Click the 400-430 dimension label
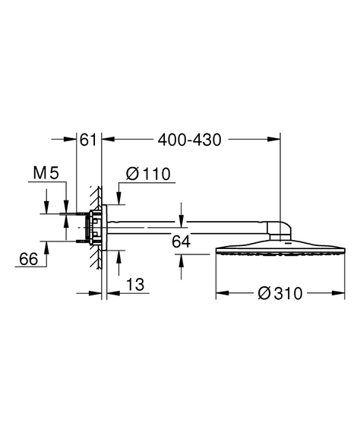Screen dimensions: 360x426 coord(190,140)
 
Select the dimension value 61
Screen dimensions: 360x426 coord(88,140)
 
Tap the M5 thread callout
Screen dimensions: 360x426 coord(46,173)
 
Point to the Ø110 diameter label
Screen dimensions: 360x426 coord(148,174)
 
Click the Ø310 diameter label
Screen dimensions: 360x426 coord(280,293)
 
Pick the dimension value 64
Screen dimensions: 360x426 coord(182,241)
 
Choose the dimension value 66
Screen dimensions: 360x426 coord(29,259)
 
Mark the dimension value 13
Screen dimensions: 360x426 coord(135,285)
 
